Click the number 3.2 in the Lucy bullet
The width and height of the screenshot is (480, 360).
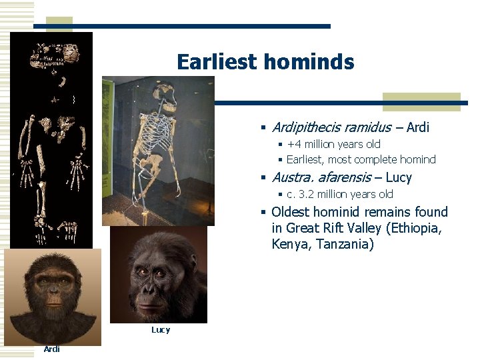point(308,195)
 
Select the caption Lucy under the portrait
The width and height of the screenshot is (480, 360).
point(161,330)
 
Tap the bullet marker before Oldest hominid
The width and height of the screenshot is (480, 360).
point(265,213)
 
